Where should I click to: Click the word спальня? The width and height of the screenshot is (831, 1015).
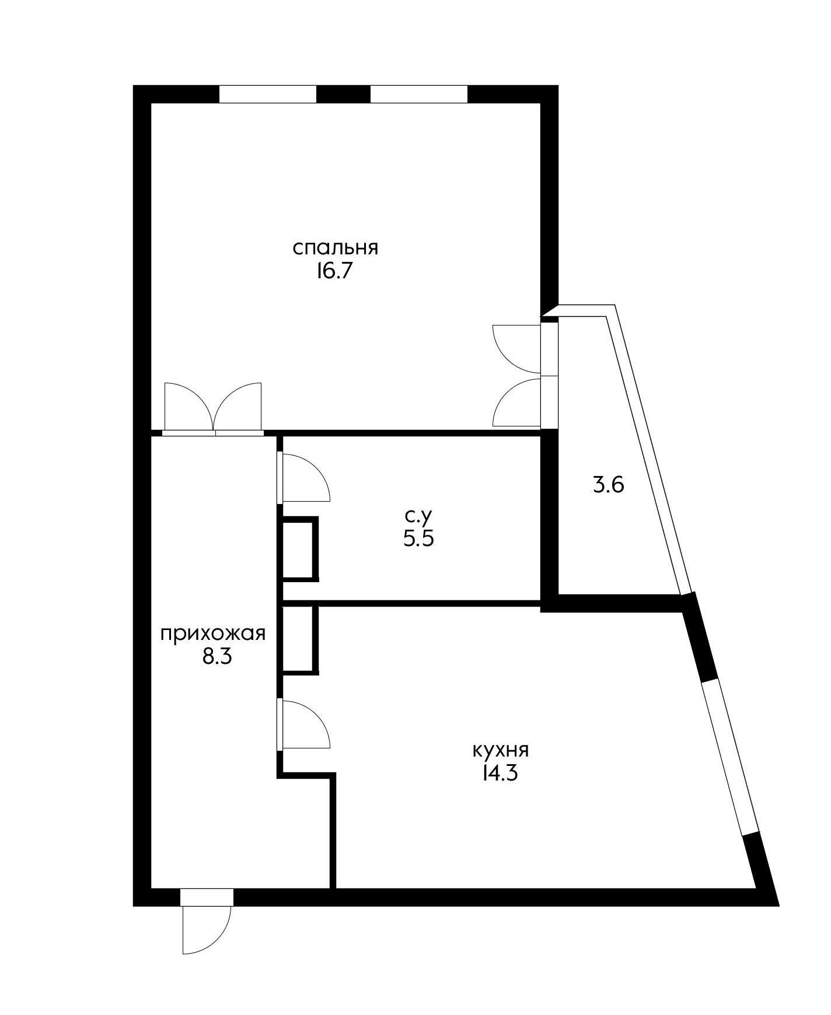[336, 248]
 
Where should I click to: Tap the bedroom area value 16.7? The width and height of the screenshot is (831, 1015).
[336, 272]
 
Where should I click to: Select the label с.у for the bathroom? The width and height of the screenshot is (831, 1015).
[418, 516]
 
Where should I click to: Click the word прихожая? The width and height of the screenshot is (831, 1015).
[214, 633]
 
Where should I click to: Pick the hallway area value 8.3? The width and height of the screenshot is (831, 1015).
[217, 657]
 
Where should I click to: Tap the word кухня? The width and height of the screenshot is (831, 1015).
[501, 750]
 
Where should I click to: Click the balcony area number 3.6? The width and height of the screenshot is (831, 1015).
[609, 485]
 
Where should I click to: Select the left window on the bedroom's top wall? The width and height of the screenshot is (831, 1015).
[268, 94]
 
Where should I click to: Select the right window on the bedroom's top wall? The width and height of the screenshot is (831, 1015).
[419, 94]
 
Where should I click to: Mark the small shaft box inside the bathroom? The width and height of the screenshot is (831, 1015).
[300, 548]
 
